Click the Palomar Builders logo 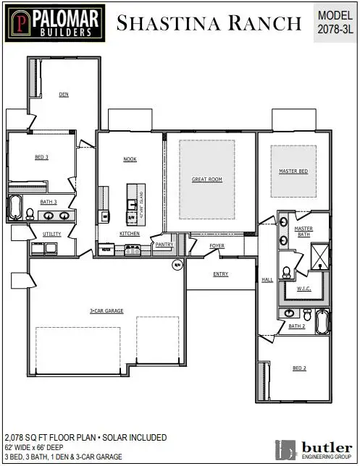pos(54,22)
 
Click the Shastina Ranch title pos(209,23)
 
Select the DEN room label pos(64,94)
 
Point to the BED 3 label pos(42,157)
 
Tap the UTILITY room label pos(52,234)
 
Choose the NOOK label pos(130,159)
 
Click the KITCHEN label pos(130,234)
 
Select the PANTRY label pos(164,245)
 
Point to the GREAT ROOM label pos(206,179)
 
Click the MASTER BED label pos(293,171)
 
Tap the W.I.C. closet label pos(304,289)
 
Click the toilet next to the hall pos(286,273)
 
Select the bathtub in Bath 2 pos(322,319)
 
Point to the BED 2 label pos(300,368)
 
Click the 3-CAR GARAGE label pos(106,310)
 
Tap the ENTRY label pos(221,274)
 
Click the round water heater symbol pos(176,265)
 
